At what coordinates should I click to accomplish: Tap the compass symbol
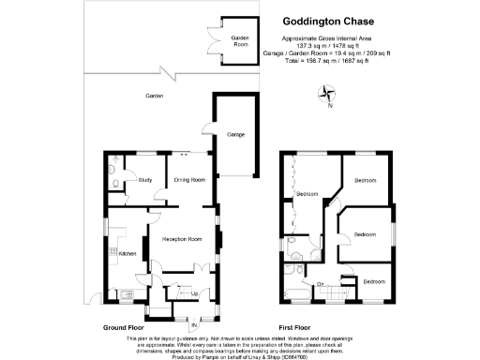click(x=325, y=93)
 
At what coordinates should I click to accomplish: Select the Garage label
click(x=235, y=135)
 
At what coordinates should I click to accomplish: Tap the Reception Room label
click(x=182, y=239)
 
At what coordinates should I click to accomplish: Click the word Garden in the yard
click(x=155, y=97)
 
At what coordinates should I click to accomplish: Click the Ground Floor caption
click(x=127, y=327)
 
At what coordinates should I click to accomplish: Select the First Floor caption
click(x=296, y=327)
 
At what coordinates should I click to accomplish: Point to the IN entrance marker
click(x=195, y=324)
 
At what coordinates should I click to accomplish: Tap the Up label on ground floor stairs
click(x=194, y=293)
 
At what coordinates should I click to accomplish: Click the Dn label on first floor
click(x=320, y=283)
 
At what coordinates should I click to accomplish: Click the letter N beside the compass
click(x=329, y=104)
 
